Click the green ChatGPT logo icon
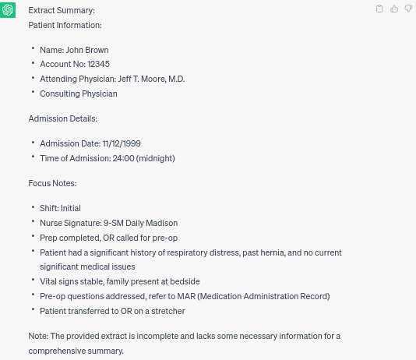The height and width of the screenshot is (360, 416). click(x=9, y=10)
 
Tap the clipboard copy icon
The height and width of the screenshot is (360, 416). click(x=379, y=9)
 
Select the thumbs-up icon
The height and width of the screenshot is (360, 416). click(x=394, y=9)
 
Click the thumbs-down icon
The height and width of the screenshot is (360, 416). click(x=408, y=9)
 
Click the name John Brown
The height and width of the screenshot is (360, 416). click(x=87, y=50)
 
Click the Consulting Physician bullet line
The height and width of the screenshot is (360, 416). click(x=79, y=94)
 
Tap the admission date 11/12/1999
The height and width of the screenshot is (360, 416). click(x=122, y=143)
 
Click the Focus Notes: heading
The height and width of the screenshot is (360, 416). click(x=52, y=183)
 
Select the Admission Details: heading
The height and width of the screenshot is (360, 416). click(x=63, y=118)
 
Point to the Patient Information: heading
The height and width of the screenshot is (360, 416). click(x=65, y=25)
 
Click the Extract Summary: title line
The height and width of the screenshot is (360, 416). click(x=62, y=10)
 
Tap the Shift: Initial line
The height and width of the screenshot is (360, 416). click(x=61, y=208)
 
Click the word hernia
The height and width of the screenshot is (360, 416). click(x=270, y=252)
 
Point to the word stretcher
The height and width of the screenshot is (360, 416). click(x=169, y=311)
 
